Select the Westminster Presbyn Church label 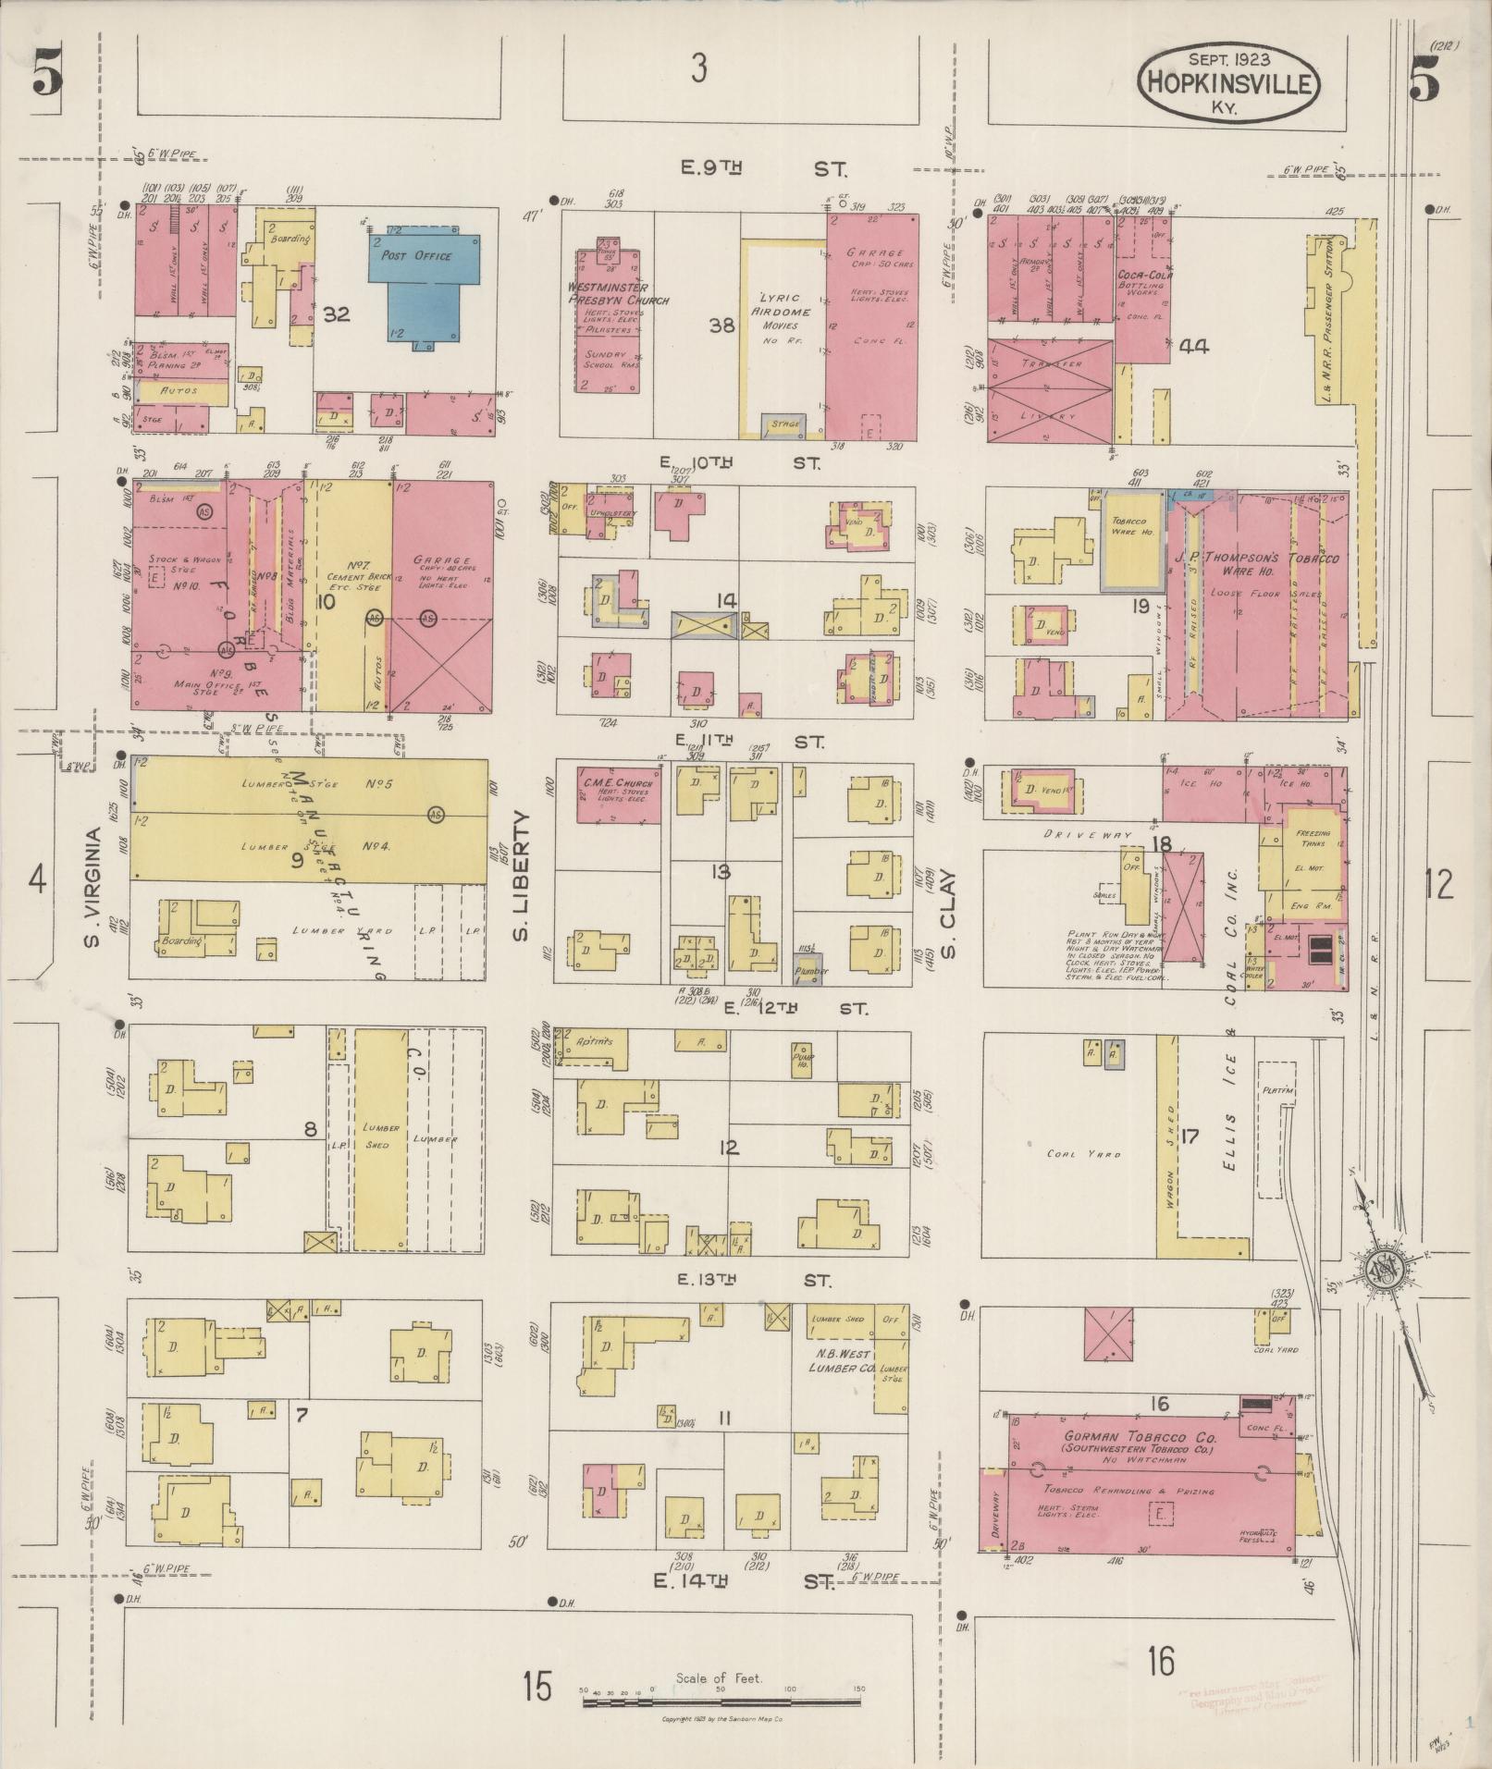tap(618, 294)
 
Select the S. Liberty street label tap(523, 876)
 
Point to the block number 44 tap(1194, 347)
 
